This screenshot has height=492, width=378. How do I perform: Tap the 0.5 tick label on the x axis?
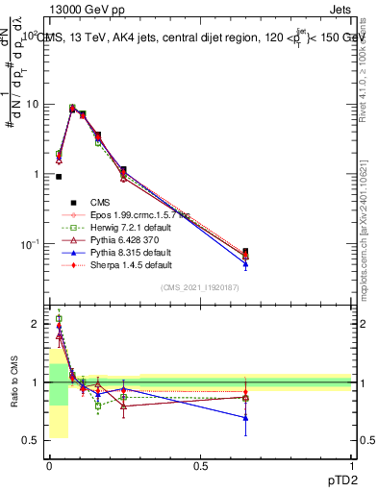tap(200, 466)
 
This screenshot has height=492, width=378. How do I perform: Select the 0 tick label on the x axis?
tap(48, 466)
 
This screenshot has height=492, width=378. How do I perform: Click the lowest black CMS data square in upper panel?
tap(59, 177)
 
